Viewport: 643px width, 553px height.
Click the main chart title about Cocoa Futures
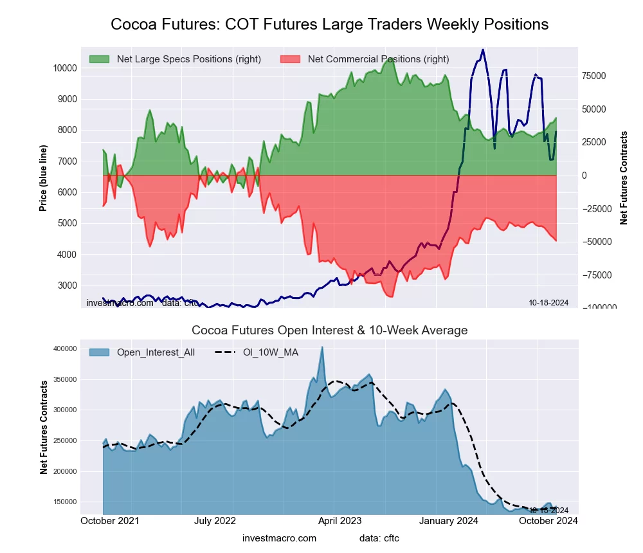(x=329, y=24)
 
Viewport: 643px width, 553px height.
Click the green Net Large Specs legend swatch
(x=99, y=59)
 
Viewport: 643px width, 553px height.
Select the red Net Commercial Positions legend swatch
(x=290, y=59)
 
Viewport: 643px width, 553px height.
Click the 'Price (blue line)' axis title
(x=44, y=178)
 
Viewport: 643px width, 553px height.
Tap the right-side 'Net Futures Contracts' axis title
(x=624, y=178)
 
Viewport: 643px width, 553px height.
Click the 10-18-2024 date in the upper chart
(x=548, y=302)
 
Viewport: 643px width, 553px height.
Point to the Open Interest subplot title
(x=329, y=331)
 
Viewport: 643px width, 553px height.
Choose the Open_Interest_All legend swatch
(x=99, y=352)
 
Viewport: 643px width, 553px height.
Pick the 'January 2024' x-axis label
(x=449, y=521)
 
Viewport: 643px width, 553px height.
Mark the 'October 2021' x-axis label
(x=110, y=521)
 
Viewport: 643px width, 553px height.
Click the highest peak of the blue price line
(x=483, y=50)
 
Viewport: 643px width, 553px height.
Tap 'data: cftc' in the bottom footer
(x=379, y=538)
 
